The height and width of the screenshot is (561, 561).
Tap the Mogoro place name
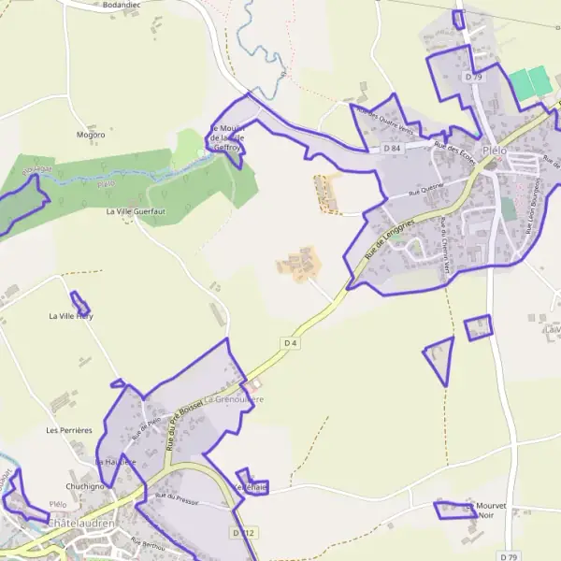(x=91, y=135)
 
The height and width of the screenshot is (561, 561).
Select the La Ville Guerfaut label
(x=137, y=212)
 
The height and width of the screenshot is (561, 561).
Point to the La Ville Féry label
(x=71, y=317)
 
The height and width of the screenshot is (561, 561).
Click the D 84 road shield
(x=392, y=148)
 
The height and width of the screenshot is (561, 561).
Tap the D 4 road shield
(x=290, y=343)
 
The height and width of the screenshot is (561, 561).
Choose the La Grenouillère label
(x=235, y=399)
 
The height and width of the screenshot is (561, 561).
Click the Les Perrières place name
(x=69, y=430)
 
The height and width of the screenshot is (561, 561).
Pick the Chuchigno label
(x=84, y=487)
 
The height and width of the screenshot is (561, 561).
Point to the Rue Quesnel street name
(x=425, y=190)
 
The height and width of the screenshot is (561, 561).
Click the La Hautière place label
(x=116, y=462)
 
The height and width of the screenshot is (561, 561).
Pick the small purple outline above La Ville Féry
(x=80, y=304)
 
